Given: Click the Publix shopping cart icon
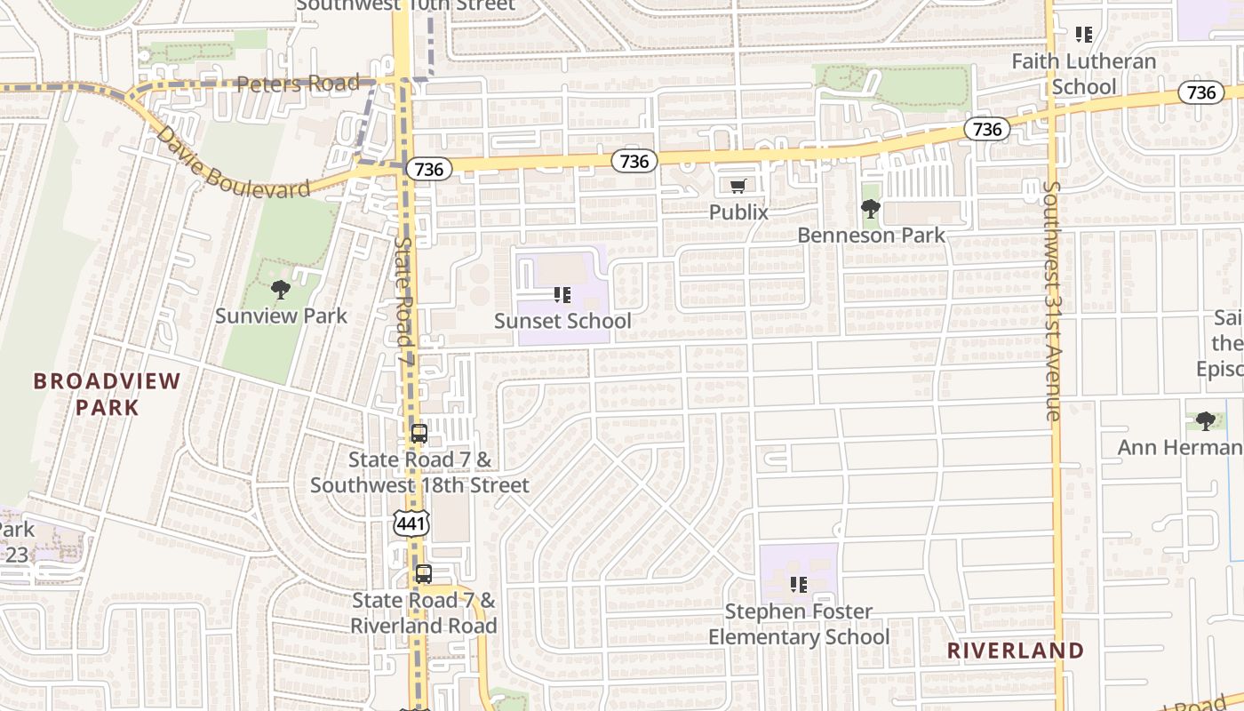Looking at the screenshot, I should (738, 186).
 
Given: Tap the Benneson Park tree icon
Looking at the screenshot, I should (871, 209).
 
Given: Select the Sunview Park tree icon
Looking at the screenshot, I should (281, 289).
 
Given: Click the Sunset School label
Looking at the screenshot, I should (562, 321).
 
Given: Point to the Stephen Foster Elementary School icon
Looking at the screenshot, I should (799, 585).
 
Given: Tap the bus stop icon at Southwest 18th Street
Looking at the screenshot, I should (419, 435).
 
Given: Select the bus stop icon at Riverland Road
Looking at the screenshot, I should (424, 574).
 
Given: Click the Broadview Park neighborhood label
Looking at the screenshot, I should (107, 394).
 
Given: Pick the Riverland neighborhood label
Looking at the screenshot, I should (1016, 651).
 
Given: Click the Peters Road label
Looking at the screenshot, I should (298, 84).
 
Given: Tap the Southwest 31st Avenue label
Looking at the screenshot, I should (1053, 300).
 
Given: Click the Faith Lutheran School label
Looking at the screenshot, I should (1084, 74).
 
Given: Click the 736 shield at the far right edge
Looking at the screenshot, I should (1201, 92).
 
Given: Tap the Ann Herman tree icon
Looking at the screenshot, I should (1206, 420).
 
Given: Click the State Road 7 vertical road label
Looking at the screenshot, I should (404, 293).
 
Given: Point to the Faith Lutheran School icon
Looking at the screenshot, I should (1084, 35).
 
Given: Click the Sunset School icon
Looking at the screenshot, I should (562, 294).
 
